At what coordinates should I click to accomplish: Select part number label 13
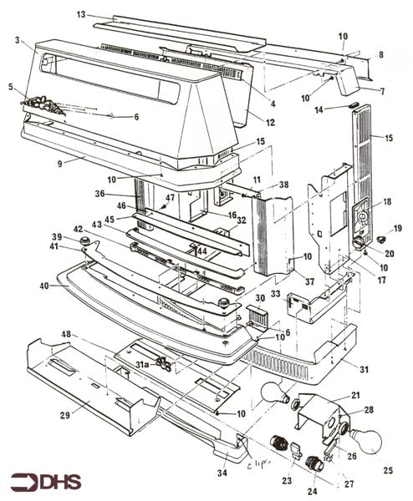click(x=81, y=15)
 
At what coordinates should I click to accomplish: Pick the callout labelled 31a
click(x=142, y=364)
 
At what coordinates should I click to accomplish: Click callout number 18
click(x=387, y=201)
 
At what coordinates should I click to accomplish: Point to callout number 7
click(x=383, y=90)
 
